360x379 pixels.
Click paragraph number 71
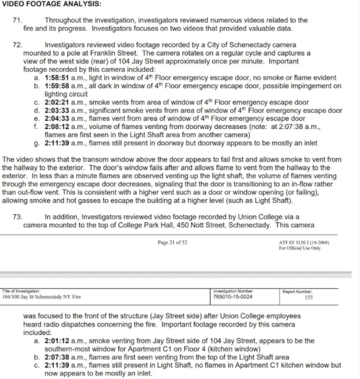click(x=17, y=20)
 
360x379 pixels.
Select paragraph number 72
click(x=17, y=44)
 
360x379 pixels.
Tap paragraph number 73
click(x=17, y=217)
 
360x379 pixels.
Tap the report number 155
click(x=309, y=297)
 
